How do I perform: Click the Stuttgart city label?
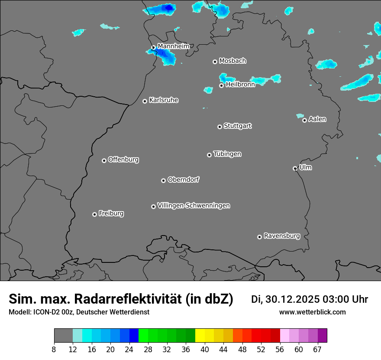pos(238,126)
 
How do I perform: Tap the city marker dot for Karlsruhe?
pos(145,101)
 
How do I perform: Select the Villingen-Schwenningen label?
pos(194,206)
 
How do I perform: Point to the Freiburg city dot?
pos(94,214)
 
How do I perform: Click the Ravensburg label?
pos(282,236)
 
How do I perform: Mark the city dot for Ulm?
pos(295,168)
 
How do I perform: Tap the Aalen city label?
pos(317,119)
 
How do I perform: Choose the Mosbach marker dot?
pos(215,62)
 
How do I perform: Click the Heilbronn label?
pos(240,85)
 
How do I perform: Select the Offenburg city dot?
pos(104,160)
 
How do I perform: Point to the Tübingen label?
pos(227,154)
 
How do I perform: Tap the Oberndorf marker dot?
pos(163,180)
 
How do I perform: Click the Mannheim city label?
pos(173,46)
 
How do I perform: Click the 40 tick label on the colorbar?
pos(204,350)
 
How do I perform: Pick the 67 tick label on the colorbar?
pos(317,350)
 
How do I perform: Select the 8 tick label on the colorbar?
pos(54,350)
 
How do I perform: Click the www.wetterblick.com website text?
pos(313,312)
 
